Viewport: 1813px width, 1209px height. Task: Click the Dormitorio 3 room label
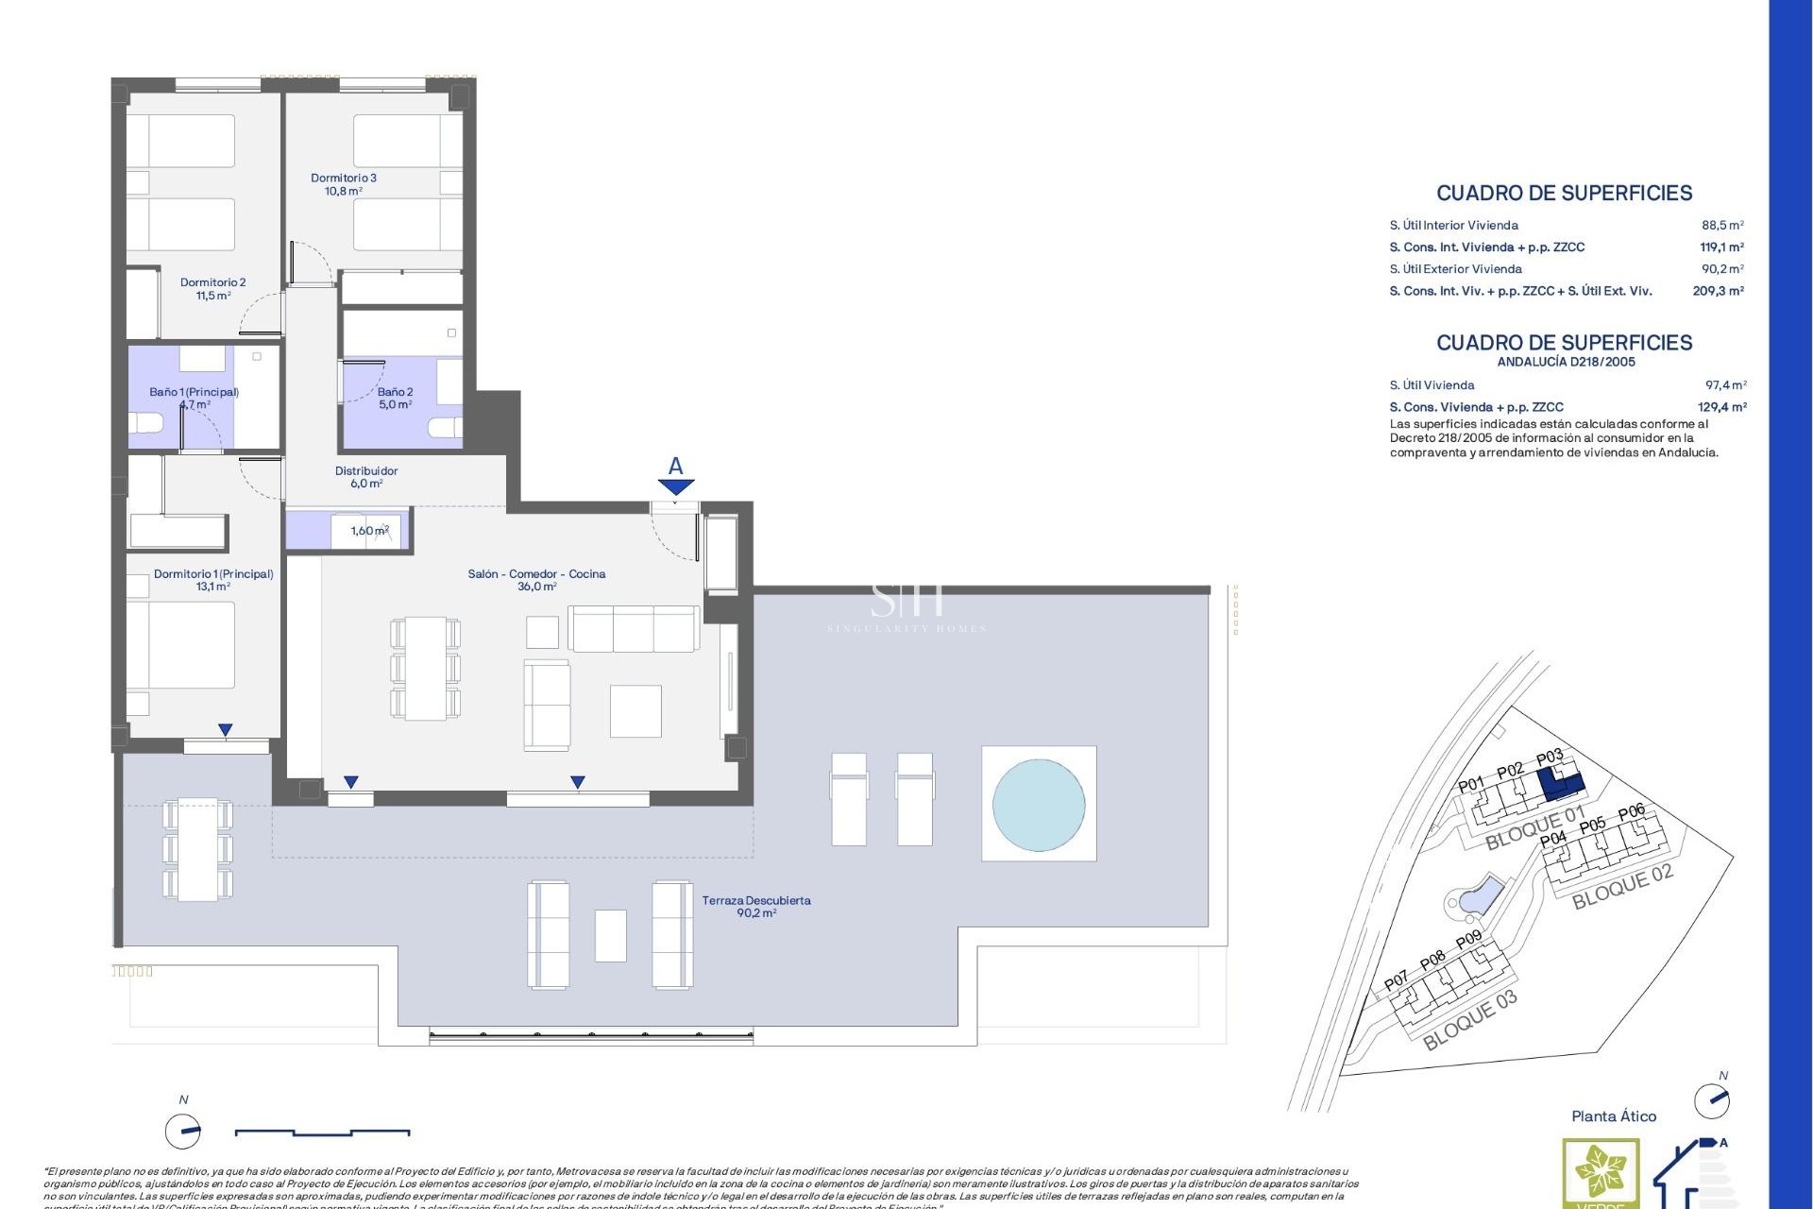(x=343, y=184)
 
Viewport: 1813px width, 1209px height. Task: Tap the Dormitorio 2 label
(x=212, y=288)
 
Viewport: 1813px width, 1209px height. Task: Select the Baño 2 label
(x=395, y=398)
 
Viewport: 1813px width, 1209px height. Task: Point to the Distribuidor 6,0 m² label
(x=366, y=477)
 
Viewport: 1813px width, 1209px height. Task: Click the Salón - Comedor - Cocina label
(x=536, y=580)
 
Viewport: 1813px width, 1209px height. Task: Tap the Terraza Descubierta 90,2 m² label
(x=755, y=907)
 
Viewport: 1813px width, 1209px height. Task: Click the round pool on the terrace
(x=1038, y=804)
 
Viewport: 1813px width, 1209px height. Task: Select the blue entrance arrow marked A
(x=676, y=485)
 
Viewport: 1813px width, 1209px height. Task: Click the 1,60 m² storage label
(x=369, y=531)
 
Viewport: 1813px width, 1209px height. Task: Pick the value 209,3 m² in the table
(x=1718, y=291)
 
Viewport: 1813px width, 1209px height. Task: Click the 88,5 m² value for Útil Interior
(x=1722, y=226)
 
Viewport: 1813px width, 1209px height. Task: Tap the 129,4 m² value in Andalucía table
(x=1721, y=407)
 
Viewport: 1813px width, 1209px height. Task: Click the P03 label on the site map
(x=1550, y=758)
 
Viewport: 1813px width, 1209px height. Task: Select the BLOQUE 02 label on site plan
(x=1621, y=886)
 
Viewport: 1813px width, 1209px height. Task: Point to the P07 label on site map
(x=1396, y=982)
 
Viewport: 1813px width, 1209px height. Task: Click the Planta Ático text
(x=1613, y=1116)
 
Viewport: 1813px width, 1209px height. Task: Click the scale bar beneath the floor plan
(x=322, y=1132)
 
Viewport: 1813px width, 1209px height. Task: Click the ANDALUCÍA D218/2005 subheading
(x=1566, y=362)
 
